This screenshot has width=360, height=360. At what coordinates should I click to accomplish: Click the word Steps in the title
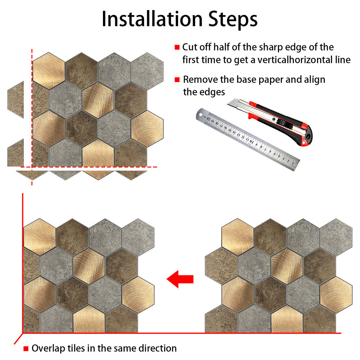(233, 20)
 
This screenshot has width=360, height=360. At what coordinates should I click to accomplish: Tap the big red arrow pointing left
(180, 279)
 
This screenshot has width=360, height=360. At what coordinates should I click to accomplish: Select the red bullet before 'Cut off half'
(177, 47)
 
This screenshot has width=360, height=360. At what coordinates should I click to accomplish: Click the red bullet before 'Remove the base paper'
(177, 80)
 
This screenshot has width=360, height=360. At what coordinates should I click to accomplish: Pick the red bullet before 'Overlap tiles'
(26, 349)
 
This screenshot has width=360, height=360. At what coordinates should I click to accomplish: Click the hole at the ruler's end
(201, 114)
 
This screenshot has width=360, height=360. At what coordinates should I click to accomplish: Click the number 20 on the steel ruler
(208, 119)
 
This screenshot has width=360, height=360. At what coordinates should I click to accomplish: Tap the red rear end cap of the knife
(307, 137)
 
